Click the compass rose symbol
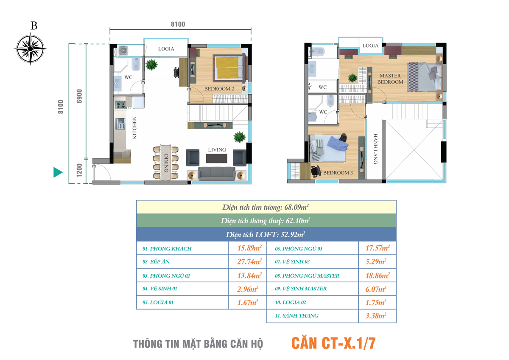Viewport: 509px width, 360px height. (30, 49)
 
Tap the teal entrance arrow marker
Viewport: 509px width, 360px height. (58, 172)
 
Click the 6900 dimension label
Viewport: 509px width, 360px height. (79, 96)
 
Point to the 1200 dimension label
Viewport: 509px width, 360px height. (79, 170)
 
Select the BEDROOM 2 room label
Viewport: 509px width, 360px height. (219, 89)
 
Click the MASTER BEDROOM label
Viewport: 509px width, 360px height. (390, 79)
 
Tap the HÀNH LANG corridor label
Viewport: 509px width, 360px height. (375, 149)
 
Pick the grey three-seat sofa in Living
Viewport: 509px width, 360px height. (217, 174)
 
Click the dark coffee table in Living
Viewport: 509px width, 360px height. (217, 158)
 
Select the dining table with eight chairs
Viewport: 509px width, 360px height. (166, 163)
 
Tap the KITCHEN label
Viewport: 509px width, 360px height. (134, 128)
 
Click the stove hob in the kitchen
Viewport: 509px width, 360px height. (120, 105)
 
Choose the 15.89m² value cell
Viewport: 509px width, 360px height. (247, 248)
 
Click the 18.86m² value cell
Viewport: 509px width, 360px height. (378, 276)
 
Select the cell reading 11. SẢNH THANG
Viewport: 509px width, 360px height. (313, 316)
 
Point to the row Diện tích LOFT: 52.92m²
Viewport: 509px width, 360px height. (266, 234)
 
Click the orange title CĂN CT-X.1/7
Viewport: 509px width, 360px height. (333, 343)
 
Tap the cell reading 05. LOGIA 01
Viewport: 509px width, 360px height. (182, 302)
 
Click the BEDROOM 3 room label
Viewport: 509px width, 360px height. (338, 173)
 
